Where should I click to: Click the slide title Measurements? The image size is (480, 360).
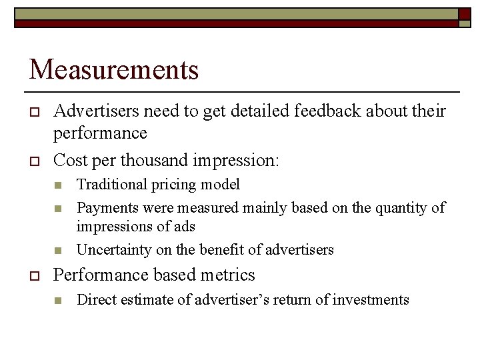114,69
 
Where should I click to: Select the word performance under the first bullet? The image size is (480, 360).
100,133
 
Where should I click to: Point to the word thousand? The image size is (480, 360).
157,161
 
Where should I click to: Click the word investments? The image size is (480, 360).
371,300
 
